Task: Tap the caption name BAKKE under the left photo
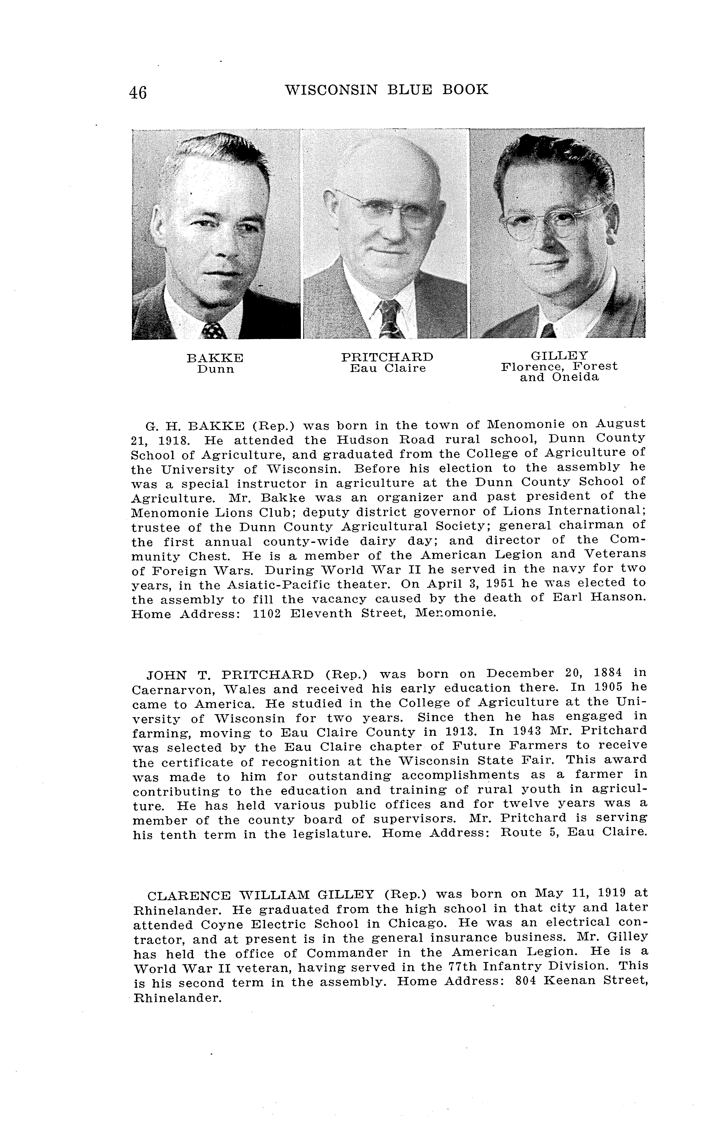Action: point(215,358)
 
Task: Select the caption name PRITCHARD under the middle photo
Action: point(387,357)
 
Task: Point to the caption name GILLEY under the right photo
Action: point(559,356)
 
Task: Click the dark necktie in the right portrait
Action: point(548,331)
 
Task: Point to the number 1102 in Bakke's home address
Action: point(267,613)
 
